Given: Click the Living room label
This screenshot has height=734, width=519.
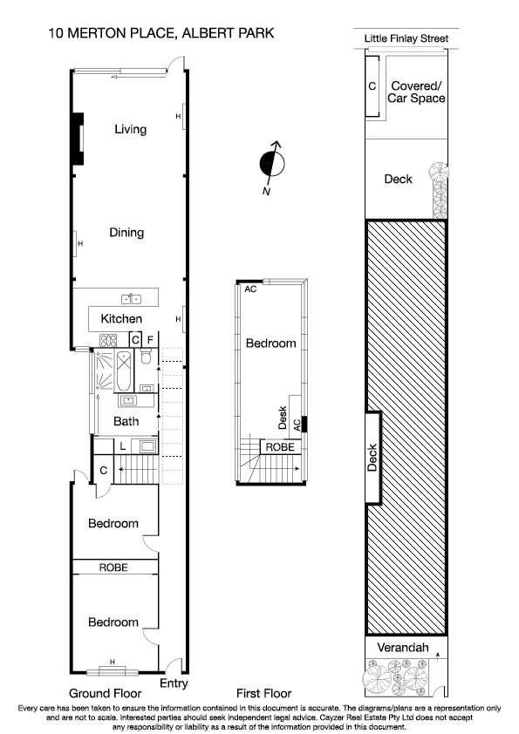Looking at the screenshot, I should (130, 130).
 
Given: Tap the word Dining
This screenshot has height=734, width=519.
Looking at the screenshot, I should (126, 233).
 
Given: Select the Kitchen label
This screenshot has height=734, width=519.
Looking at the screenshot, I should (121, 319).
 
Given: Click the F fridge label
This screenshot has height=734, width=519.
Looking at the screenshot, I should (150, 339).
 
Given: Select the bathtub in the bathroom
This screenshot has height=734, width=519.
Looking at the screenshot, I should (123, 370).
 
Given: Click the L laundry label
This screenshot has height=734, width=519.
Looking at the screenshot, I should (122, 446).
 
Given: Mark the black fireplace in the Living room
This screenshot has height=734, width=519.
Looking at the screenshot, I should (78, 139).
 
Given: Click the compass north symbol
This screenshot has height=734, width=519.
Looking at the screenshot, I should (274, 162).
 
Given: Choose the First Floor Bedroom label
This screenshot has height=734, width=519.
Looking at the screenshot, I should (270, 343).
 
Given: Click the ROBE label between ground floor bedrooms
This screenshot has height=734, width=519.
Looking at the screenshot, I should (113, 567).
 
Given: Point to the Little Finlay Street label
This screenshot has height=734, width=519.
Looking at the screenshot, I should (406, 38).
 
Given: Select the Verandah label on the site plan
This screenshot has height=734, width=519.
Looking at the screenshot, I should (400, 649).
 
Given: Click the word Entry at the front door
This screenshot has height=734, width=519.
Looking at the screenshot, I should (174, 683).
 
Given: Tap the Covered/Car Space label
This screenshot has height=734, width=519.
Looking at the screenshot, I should (417, 92).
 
